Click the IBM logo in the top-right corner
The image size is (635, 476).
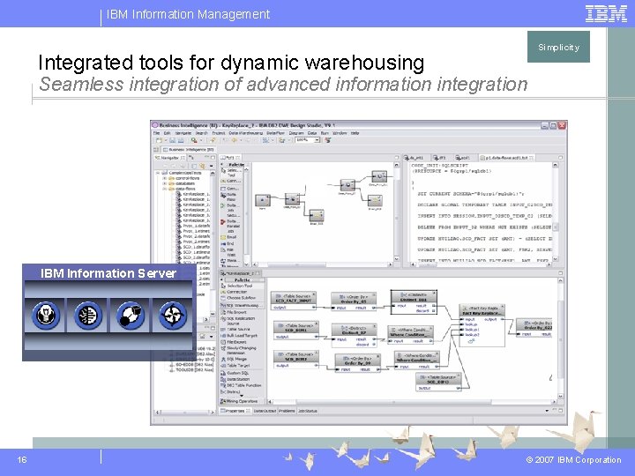tap(606, 13)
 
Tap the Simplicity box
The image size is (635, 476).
tap(559, 48)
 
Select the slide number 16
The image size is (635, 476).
tap(21, 459)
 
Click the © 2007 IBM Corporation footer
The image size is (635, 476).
tap(574, 460)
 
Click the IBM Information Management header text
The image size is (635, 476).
tap(188, 14)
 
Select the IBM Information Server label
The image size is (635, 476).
tap(108, 273)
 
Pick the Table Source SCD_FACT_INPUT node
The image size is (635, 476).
tap(294, 300)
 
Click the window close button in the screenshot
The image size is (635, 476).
tap(562, 125)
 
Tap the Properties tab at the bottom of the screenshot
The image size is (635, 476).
tap(235, 411)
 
